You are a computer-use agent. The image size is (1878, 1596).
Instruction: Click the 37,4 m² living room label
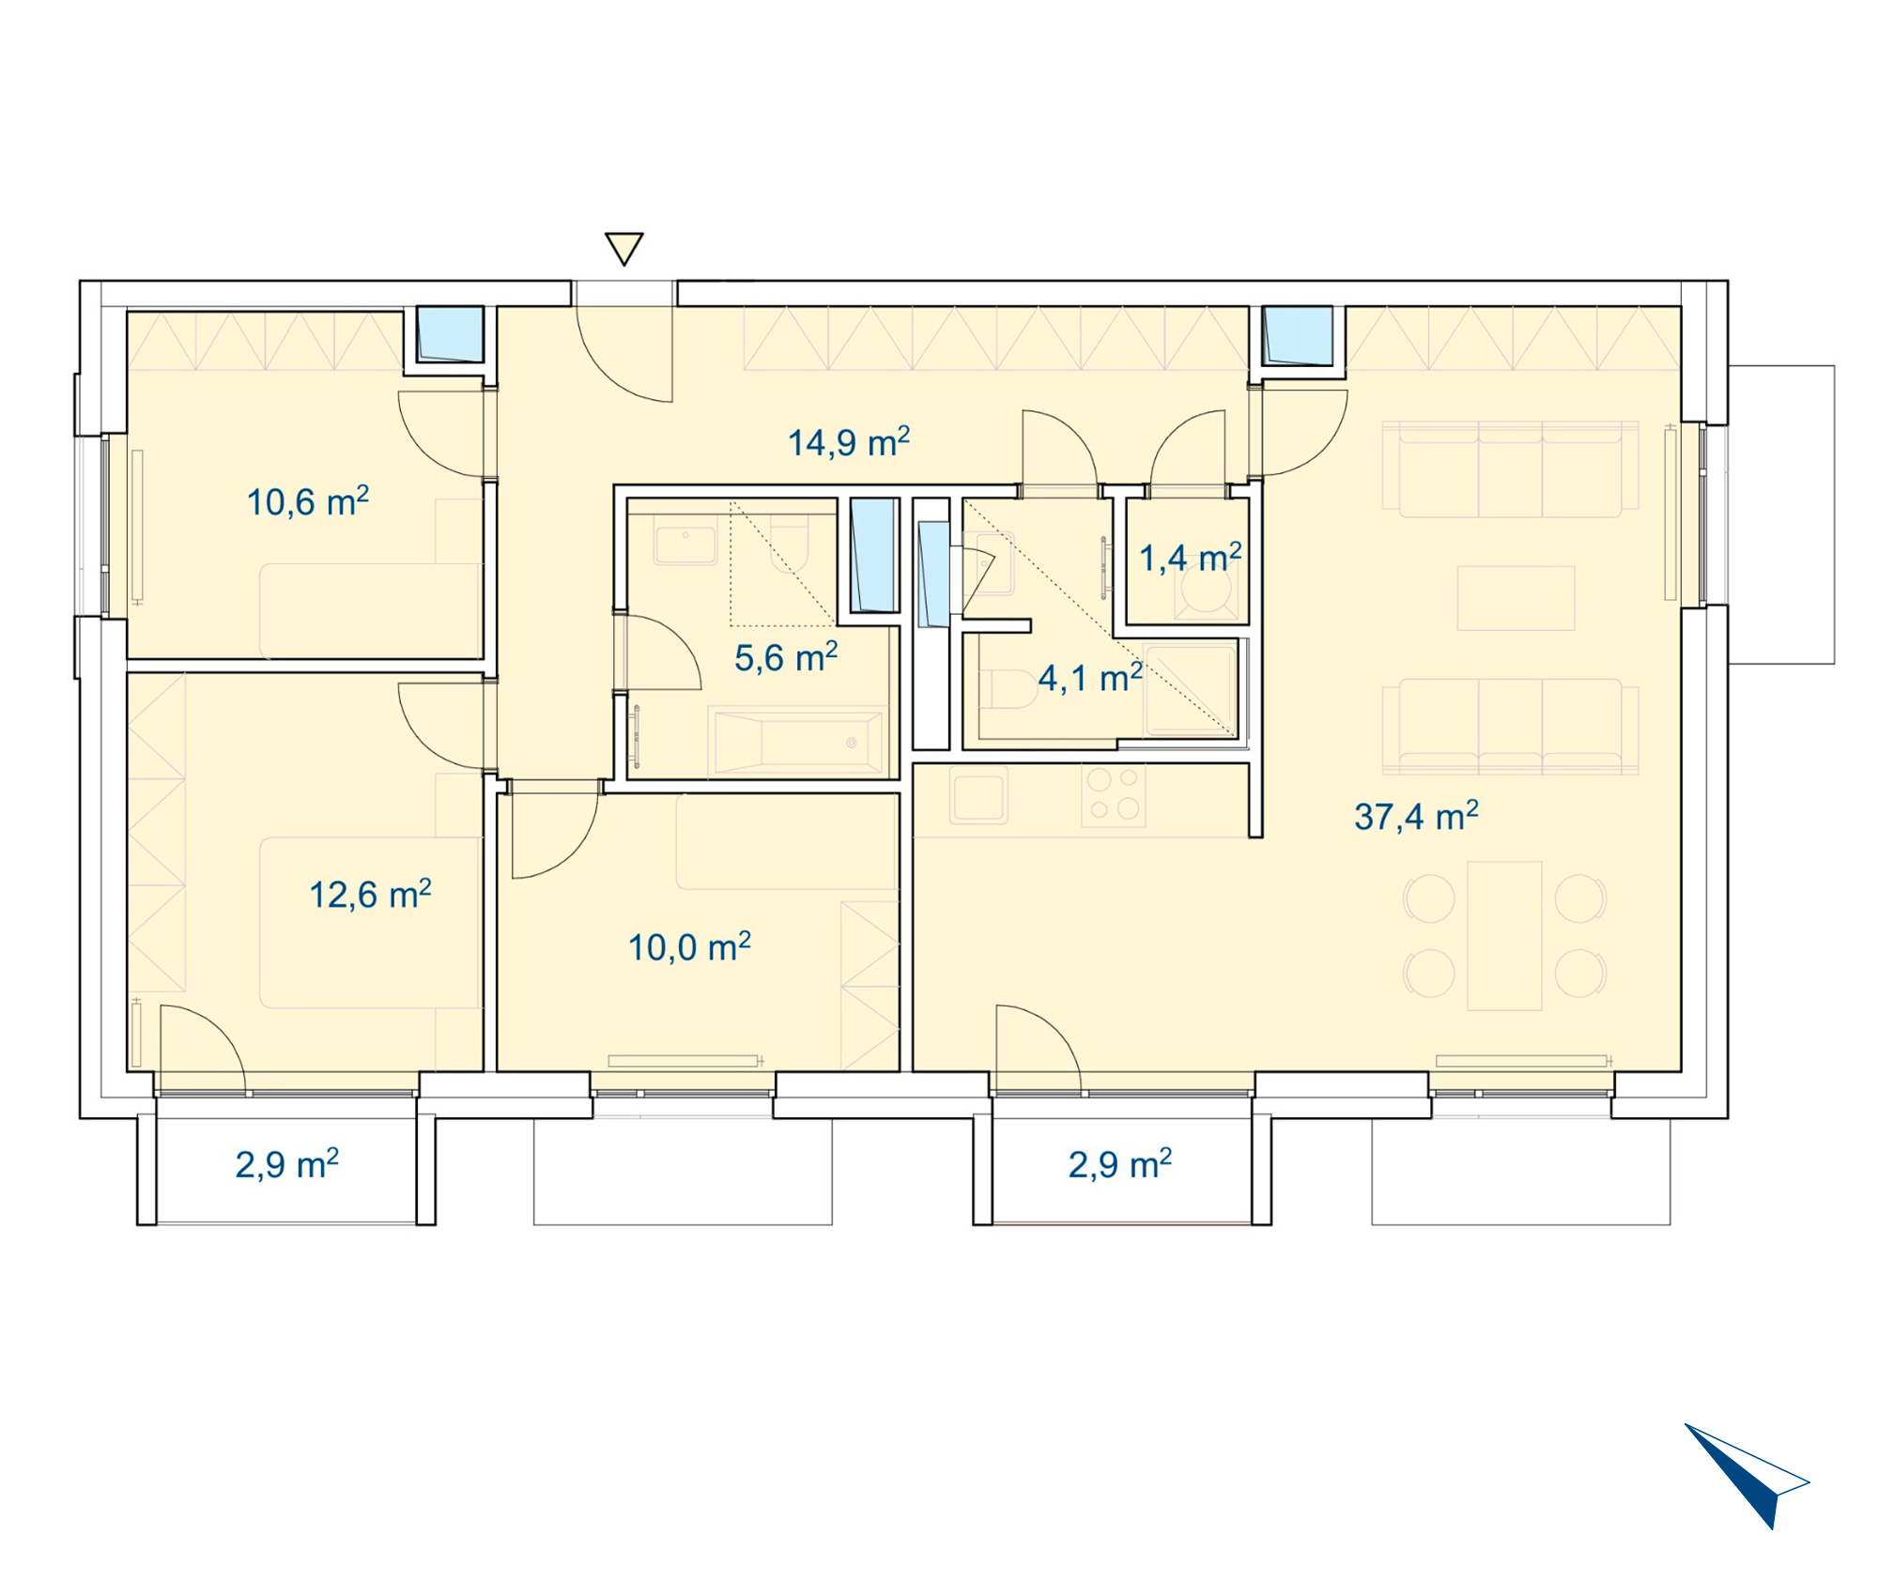(x=1416, y=816)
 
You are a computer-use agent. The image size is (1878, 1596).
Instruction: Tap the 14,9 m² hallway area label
(x=849, y=442)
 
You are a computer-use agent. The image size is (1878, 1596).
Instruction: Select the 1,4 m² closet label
(x=1191, y=558)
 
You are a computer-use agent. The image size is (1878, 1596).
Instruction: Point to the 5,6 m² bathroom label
(x=786, y=657)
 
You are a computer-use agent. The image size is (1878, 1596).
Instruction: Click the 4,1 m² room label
(x=1090, y=677)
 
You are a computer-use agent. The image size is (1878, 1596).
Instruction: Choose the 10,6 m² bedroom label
(x=308, y=501)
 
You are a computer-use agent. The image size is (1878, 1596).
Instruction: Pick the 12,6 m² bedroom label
(x=371, y=894)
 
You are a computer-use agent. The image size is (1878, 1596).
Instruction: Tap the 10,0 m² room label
(x=689, y=946)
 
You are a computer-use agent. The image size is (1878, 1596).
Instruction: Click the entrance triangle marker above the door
(x=624, y=249)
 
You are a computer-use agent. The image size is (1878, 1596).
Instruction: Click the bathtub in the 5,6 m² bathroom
(x=798, y=742)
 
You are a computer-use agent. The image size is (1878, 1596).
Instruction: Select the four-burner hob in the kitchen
(x=1114, y=794)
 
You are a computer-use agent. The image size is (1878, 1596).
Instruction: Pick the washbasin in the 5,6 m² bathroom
(x=685, y=545)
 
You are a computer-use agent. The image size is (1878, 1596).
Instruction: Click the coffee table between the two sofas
(x=1516, y=598)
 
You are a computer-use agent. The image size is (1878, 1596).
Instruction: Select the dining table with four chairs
(x=1504, y=935)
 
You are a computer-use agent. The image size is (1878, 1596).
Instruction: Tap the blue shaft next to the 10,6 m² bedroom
(x=451, y=334)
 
